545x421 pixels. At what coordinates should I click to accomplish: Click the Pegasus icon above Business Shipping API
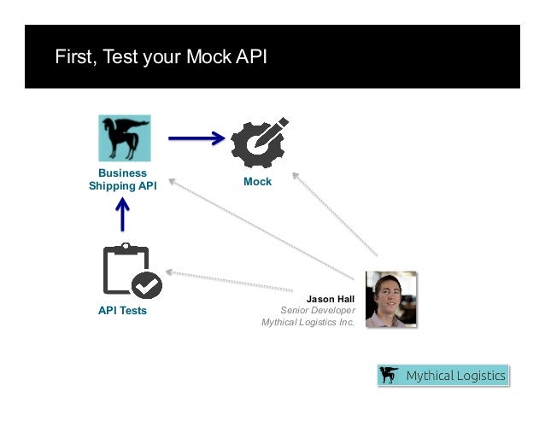[x=125, y=137]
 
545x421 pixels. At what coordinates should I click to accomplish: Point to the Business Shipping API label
[x=123, y=179]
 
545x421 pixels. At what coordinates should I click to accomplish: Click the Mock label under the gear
[x=257, y=182]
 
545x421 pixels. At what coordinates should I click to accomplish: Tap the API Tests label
[x=122, y=311]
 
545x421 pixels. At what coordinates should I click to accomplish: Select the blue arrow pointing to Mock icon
[x=196, y=137]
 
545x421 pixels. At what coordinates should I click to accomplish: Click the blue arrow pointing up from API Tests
[x=123, y=214]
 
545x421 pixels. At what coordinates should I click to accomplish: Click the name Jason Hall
[x=331, y=299]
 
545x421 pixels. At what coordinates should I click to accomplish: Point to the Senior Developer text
[x=317, y=311]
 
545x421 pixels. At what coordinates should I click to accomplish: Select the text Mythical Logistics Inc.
[x=308, y=323]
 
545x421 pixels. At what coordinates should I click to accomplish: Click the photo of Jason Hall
[x=390, y=299]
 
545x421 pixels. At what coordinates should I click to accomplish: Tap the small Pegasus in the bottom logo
[x=390, y=376]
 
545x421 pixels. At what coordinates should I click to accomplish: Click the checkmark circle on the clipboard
[x=148, y=285]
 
